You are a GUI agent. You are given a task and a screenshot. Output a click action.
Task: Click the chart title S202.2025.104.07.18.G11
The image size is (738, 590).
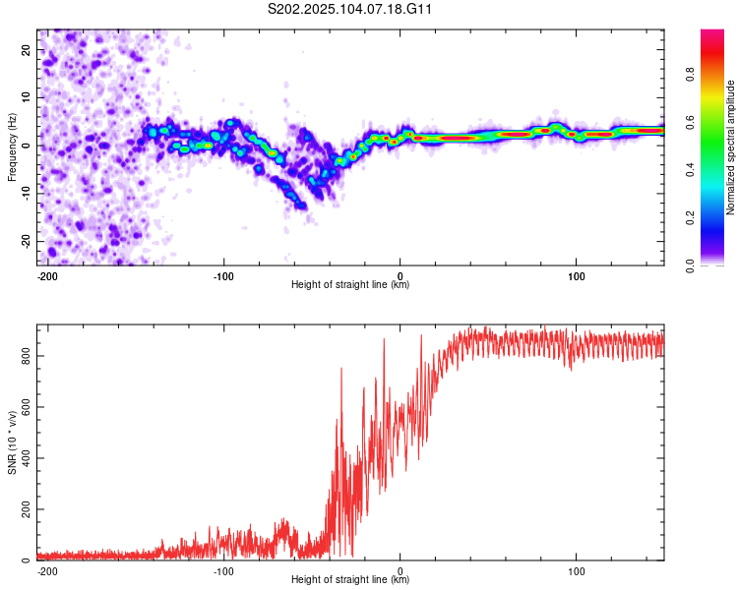(x=349, y=9)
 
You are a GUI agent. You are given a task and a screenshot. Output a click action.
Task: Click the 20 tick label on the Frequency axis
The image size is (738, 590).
(x=26, y=50)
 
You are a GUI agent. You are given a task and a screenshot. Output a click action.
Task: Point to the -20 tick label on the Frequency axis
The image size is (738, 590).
(x=26, y=242)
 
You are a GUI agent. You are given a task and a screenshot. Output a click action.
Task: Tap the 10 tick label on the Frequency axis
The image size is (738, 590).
(x=26, y=97)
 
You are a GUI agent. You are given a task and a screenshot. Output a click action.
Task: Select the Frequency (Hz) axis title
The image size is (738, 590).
(x=12, y=147)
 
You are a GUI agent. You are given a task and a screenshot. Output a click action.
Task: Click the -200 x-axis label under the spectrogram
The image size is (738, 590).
(x=46, y=276)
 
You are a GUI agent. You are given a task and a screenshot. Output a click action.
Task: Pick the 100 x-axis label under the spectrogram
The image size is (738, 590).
(x=576, y=276)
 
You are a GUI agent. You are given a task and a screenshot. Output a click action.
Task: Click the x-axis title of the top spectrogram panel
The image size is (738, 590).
(x=350, y=284)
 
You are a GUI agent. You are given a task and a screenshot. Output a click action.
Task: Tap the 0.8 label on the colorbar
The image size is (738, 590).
(x=690, y=75)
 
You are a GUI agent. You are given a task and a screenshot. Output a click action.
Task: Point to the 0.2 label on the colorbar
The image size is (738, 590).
(x=690, y=217)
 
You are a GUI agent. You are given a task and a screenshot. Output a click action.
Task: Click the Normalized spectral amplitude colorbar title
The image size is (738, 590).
(x=730, y=147)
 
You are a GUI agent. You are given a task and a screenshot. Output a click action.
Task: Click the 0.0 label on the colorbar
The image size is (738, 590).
(x=690, y=265)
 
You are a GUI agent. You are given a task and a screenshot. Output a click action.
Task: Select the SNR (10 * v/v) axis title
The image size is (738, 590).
(x=12, y=442)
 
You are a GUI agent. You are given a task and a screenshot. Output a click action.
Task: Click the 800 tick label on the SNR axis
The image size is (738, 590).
(x=26, y=356)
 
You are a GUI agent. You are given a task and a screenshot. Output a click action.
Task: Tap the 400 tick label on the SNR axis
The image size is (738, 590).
(x=26, y=458)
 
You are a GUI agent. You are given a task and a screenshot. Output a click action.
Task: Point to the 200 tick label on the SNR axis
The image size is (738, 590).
(x=26, y=509)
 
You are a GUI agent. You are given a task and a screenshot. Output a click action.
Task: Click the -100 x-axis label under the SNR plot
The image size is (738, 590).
(x=223, y=571)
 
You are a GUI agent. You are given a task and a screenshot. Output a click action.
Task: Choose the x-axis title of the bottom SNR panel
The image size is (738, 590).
(x=350, y=579)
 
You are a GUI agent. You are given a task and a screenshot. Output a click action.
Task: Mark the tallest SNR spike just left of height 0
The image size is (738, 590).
(x=384, y=339)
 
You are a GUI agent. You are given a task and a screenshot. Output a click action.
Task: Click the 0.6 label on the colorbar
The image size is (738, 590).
(x=690, y=122)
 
